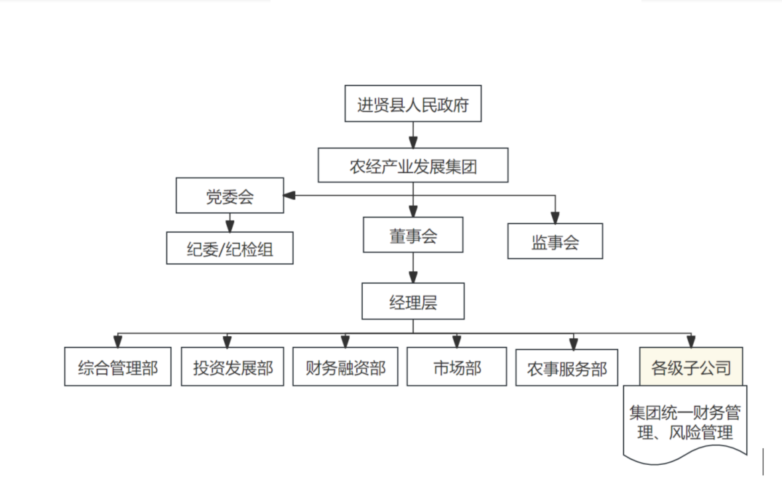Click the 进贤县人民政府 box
coord(413,103)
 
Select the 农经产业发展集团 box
coord(413,165)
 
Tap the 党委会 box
coord(229,196)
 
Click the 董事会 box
coord(413,235)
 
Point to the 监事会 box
coord(555,241)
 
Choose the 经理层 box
coord(413,302)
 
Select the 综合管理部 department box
coord(118,367)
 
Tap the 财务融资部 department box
coord(345,367)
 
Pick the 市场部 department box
coord(457,367)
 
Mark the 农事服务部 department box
coord(566,367)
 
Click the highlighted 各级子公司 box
coord(691,366)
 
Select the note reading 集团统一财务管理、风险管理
coord(685,422)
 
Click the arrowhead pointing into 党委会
coord(290,196)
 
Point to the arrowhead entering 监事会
coord(555,217)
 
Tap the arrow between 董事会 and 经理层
coord(413,268)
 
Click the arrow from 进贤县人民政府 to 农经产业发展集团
coord(413,136)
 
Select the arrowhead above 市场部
coord(457,341)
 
